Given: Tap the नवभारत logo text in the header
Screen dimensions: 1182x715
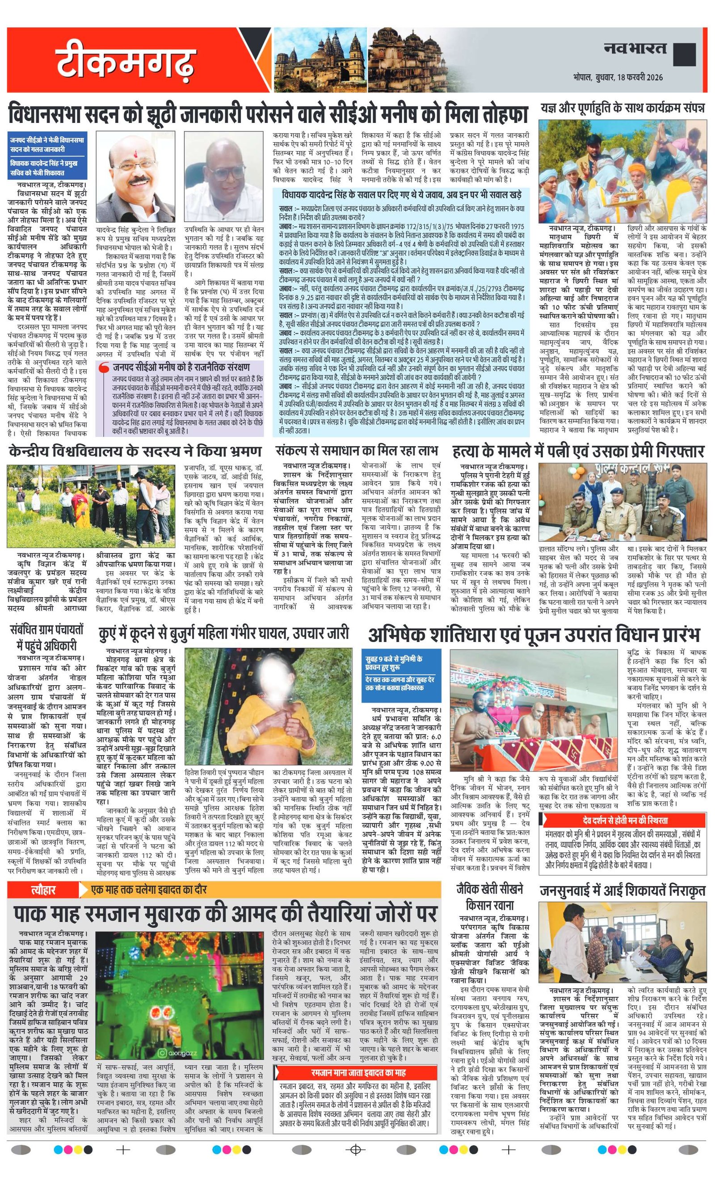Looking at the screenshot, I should click(x=635, y=48).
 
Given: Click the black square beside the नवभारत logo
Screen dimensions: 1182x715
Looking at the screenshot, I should click(x=684, y=54).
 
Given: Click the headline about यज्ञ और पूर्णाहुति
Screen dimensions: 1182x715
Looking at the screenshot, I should click(x=622, y=108).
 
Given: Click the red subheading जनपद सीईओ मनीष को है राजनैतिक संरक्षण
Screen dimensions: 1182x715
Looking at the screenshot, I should click(x=181, y=367).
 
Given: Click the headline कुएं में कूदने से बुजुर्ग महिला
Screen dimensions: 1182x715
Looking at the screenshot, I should click(x=223, y=634).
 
